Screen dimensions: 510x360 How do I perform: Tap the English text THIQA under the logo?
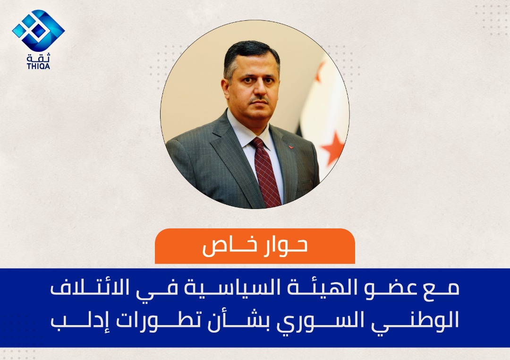[x=38, y=66]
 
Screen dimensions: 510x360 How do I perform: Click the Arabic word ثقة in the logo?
[x=39, y=58]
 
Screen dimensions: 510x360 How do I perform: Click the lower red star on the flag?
[x=332, y=148]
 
